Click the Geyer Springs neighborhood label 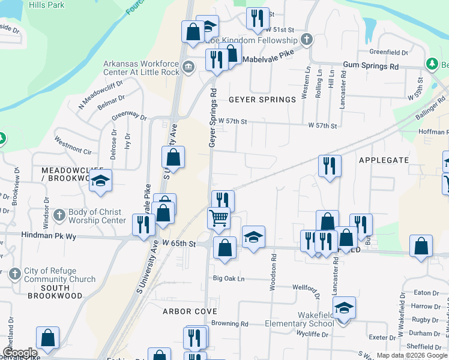pyautogui.click(x=262, y=100)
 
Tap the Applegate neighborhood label pyautogui.click(x=384, y=160)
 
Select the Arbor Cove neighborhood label pyautogui.click(x=190, y=311)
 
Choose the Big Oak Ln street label pyautogui.click(x=229, y=279)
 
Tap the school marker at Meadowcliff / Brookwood pyautogui.click(x=101, y=181)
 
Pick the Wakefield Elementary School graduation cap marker pyautogui.click(x=344, y=308)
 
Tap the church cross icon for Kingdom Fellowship pyautogui.click(x=307, y=40)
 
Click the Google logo pyautogui.click(x=19, y=353)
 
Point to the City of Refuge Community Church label pyautogui.click(x=59, y=275)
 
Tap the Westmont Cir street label pyautogui.click(x=73, y=144)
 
